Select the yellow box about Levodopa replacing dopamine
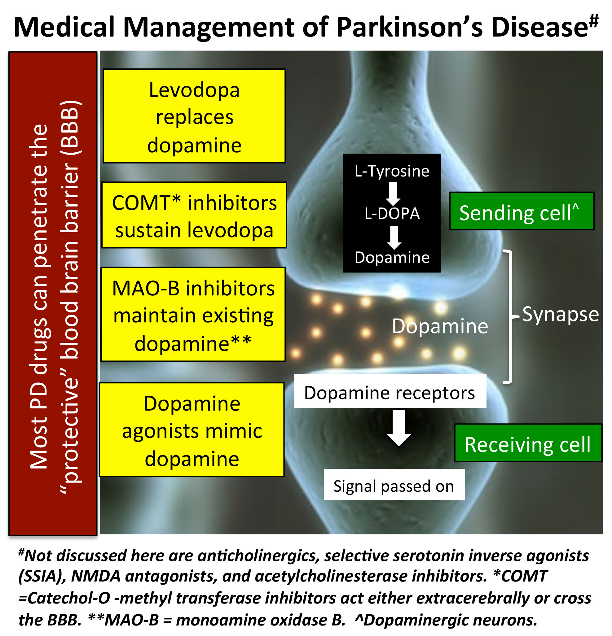tap(194, 116)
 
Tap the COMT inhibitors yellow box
tap(194, 216)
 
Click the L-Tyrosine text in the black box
tap(392, 171)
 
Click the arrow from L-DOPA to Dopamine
tap(394, 237)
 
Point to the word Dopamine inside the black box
tap(392, 258)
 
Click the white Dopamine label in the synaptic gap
tap(440, 326)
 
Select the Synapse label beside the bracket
tap(560, 314)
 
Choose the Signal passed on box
tap(394, 486)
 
